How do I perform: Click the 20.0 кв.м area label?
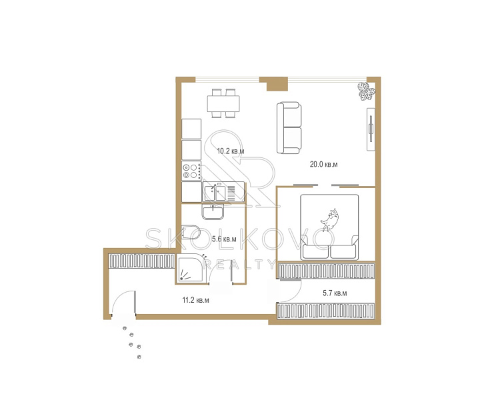pos(323,165)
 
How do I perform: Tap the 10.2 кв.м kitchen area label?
pos(231,151)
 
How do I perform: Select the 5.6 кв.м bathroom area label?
pos(224,239)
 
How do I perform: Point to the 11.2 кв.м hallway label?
pos(195,300)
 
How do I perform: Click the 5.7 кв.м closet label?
pos(335,293)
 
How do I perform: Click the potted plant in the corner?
pos(367,91)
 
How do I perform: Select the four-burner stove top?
pos(191,171)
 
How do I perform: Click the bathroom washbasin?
pos(213,212)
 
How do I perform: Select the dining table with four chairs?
pos(223,103)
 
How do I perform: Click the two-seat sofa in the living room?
pos(289,127)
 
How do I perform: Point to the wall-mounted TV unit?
pos(371,129)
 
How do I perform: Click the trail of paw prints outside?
pos(133,343)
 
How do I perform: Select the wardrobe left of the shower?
pos(142,261)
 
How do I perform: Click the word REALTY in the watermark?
pos(239,265)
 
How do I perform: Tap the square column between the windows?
pos(277,84)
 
